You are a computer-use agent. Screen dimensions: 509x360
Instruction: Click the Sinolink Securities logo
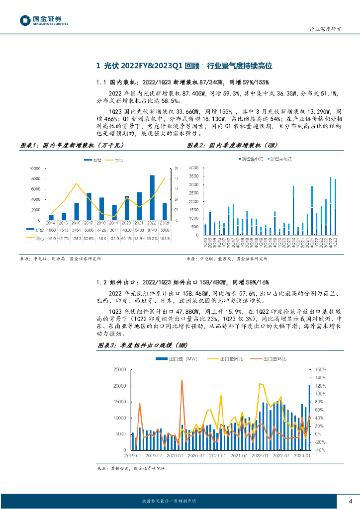point(44,20)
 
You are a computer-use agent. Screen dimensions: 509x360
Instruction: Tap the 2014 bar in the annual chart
point(51,217)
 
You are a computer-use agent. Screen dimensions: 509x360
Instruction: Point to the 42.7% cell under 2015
point(64,239)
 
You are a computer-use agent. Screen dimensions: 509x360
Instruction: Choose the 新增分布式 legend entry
point(280,159)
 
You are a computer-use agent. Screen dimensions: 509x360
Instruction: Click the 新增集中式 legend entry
point(252,159)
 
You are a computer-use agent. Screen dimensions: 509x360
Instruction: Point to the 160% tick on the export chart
point(320,369)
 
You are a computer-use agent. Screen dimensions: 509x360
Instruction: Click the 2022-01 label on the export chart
point(260,454)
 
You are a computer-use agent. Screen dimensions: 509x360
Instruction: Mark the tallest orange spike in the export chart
point(182,381)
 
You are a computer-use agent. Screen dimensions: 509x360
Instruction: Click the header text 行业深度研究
point(323,29)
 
